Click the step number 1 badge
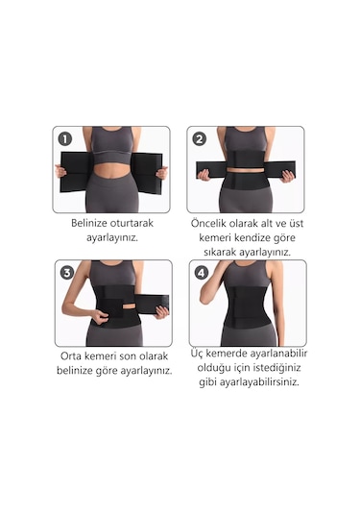tap(65, 139)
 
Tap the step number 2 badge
tap(199, 139)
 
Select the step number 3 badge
tap(67, 273)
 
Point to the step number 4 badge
tap(202, 273)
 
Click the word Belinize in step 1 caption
tap(89, 223)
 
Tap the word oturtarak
tap(132, 223)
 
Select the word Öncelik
tap(208, 223)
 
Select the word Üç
tap(197, 354)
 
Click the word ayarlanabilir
tap(278, 354)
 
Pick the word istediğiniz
tap(272, 368)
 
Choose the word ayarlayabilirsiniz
tap(259, 382)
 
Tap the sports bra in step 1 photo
tap(111, 144)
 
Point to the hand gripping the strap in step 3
tap(162, 312)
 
